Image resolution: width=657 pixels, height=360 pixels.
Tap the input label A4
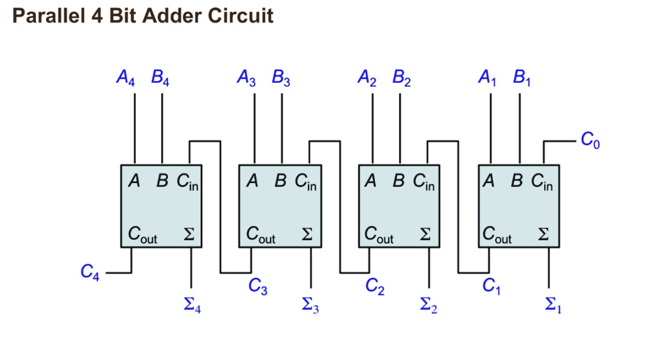(126, 78)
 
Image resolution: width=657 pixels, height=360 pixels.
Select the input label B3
(281, 78)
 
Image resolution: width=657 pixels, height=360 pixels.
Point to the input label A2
(367, 78)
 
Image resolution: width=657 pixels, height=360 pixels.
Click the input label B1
(522, 78)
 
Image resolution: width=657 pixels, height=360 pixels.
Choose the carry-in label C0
(590, 140)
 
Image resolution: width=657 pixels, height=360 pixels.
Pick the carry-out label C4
(90, 272)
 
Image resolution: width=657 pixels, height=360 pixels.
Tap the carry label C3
(258, 287)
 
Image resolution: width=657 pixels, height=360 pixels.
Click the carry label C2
(375, 287)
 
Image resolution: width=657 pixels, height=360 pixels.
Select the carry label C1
(491, 287)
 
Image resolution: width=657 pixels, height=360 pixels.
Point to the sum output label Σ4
(192, 305)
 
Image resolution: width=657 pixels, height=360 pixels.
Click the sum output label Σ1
(553, 305)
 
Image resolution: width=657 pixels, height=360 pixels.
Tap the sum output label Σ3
(311, 305)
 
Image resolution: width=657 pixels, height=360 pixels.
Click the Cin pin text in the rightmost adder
(542, 182)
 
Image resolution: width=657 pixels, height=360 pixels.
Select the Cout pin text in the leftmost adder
(142, 235)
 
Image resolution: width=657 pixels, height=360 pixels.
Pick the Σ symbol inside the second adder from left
(307, 234)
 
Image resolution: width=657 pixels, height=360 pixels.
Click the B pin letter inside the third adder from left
(398, 181)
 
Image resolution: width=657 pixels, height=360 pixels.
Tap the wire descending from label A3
(254, 128)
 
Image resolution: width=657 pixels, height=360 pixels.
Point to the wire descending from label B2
(400, 128)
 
